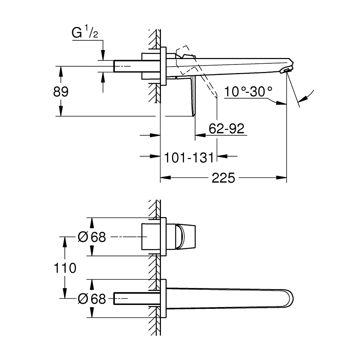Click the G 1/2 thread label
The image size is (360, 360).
coord(85,33)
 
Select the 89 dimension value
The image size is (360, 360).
coord(61,91)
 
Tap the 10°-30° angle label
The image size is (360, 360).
coord(248,91)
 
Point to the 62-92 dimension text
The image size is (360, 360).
coord(226,129)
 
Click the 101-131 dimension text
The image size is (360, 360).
coord(189,158)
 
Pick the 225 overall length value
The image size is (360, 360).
coord(224,178)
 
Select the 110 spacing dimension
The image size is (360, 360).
coord(65,268)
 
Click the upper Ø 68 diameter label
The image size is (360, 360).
coord(92,237)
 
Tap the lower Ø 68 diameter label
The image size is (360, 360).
coord(92,299)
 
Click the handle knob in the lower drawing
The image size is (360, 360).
coord(186,237)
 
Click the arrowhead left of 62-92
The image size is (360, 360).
coord(200,135)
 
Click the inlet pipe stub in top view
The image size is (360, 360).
coord(128,66)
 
